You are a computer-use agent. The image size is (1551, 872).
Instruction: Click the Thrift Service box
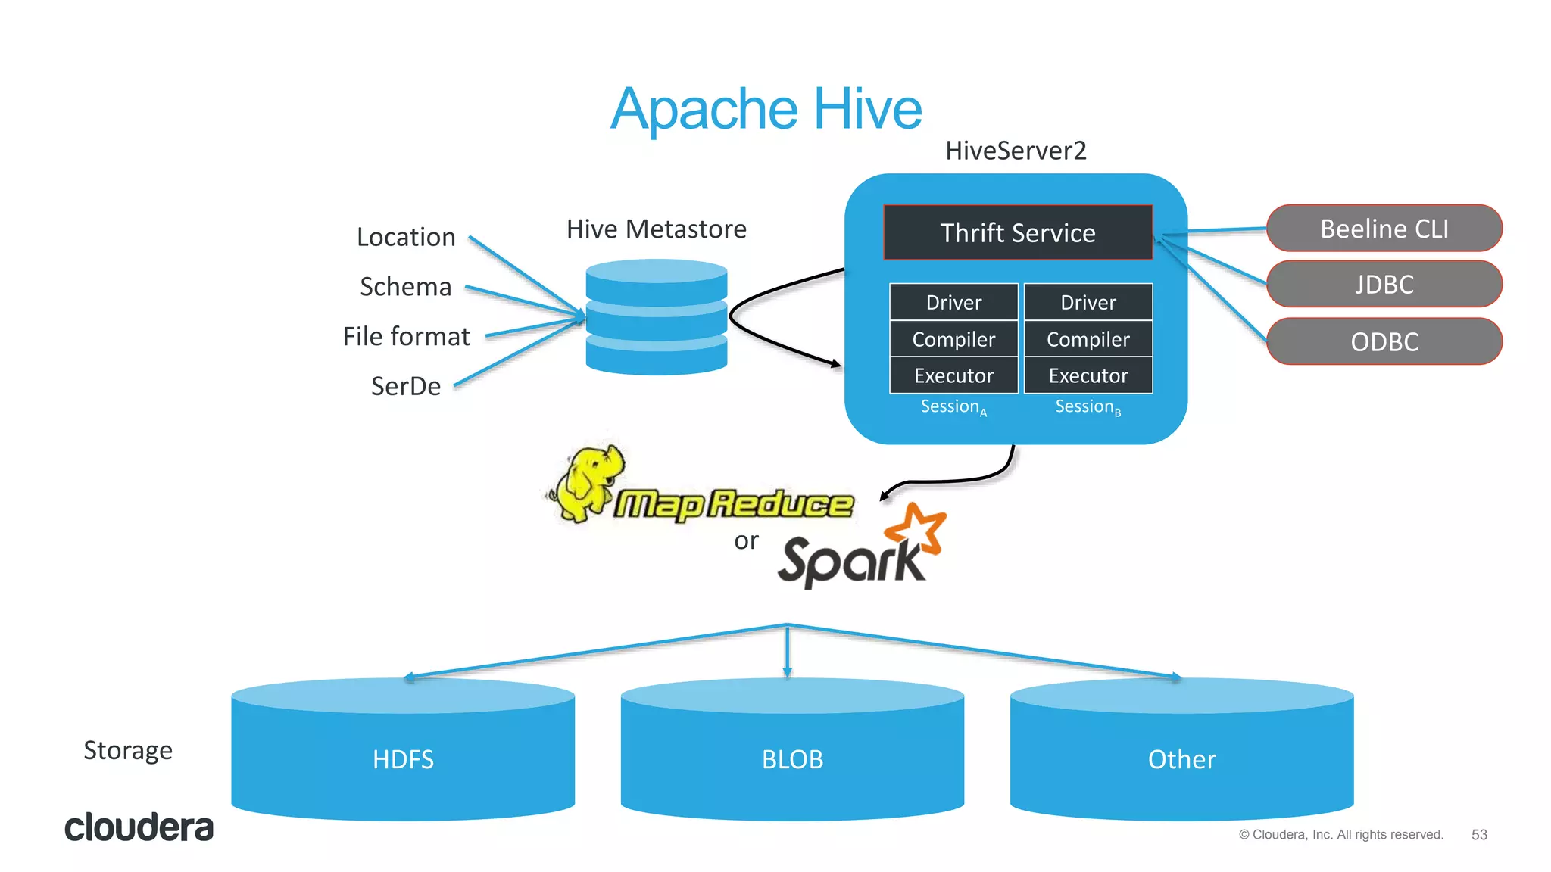click(1017, 232)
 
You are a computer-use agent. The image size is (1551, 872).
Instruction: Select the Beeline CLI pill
click(1384, 229)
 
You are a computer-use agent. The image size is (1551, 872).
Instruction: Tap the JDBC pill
click(1384, 285)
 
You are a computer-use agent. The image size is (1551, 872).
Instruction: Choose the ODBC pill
click(1384, 341)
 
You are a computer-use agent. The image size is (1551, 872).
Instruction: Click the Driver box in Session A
click(953, 302)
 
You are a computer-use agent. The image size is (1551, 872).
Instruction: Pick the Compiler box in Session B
click(1088, 339)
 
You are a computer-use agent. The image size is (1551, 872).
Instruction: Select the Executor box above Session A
click(953, 375)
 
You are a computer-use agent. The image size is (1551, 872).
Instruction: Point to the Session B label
click(1088, 407)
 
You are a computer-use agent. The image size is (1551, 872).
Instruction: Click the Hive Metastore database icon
click(656, 316)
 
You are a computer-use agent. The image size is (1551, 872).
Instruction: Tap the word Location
click(406, 237)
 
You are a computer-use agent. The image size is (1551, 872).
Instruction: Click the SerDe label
click(406, 386)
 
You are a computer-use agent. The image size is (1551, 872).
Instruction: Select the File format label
click(406, 336)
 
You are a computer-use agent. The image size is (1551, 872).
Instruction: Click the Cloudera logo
click(139, 827)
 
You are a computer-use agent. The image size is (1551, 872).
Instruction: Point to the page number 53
click(1479, 834)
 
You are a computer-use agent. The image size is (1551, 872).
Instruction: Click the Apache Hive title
click(766, 109)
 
